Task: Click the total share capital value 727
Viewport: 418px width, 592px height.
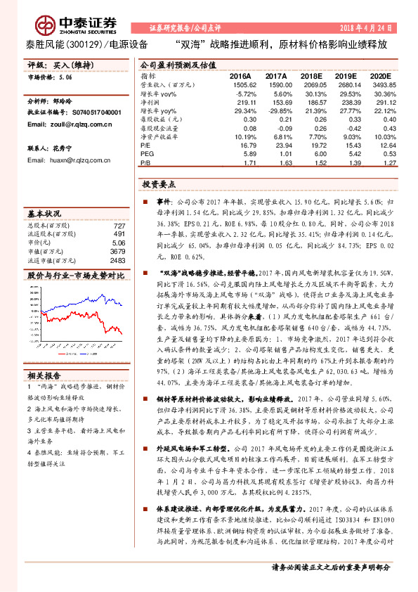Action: tap(119, 225)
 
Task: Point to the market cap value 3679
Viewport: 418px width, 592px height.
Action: tap(117, 250)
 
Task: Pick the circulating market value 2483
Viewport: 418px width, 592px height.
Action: tap(117, 259)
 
